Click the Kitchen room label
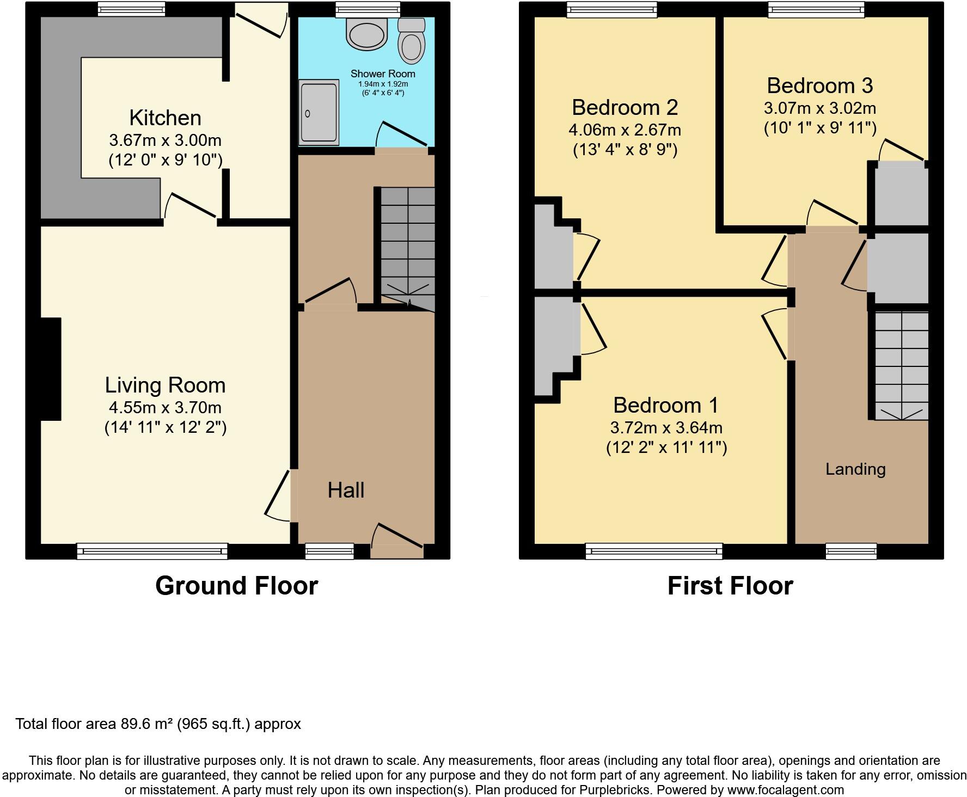165,118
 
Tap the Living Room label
165,385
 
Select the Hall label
346,490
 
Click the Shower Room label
383,73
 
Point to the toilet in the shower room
411,40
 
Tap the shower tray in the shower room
319,113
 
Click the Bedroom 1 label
665,405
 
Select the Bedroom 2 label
625,107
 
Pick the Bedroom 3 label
820,85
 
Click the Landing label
855,469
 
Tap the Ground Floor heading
236,586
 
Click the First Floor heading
730,586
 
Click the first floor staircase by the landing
901,365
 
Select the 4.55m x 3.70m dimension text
165,407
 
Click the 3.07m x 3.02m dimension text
820,108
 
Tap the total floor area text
158,724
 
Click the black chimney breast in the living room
51,369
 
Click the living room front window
152,551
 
